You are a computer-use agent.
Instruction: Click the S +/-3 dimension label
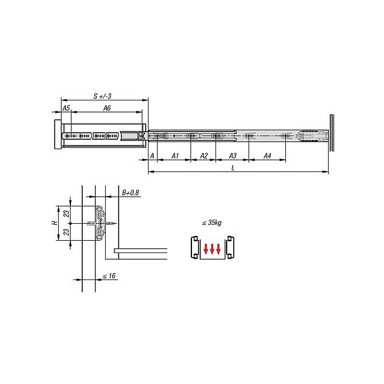pyautogui.click(x=102, y=96)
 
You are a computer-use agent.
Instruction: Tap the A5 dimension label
pyautogui.click(x=66, y=108)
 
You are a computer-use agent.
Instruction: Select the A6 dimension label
pyautogui.click(x=107, y=108)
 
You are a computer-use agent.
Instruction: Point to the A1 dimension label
pyautogui.click(x=175, y=156)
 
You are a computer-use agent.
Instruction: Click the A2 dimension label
pyautogui.click(x=204, y=156)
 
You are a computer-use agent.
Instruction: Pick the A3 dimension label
pyautogui.click(x=233, y=156)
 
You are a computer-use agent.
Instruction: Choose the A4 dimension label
pyautogui.click(x=267, y=156)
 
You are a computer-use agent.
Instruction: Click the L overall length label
pyautogui.click(x=233, y=168)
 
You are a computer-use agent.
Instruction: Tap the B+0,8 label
pyautogui.click(x=130, y=193)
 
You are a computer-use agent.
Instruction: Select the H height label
pyautogui.click(x=55, y=223)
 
